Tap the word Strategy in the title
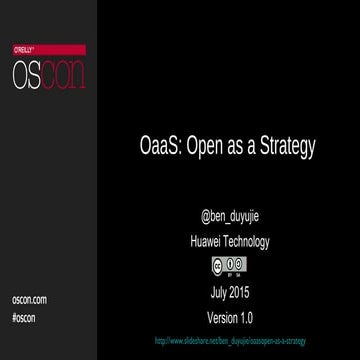coord(288,146)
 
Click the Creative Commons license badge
coord(229,265)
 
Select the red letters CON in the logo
coord(62,73)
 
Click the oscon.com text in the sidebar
coord(29,300)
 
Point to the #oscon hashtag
coord(24,316)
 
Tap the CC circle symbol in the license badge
coord(218,264)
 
